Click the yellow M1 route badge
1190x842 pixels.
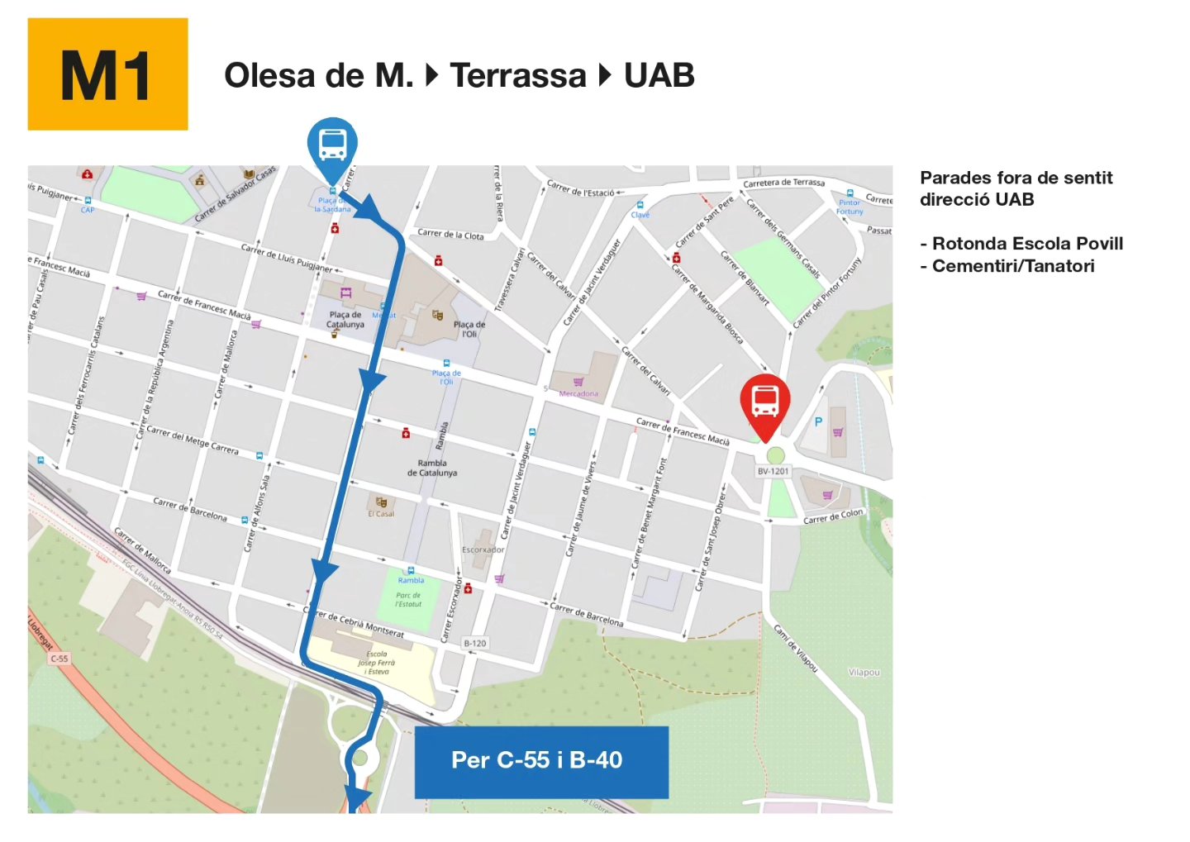click(107, 74)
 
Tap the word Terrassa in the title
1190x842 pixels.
click(518, 76)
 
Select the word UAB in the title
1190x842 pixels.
click(659, 76)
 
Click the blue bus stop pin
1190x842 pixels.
click(332, 145)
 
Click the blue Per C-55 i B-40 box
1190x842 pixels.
click(540, 761)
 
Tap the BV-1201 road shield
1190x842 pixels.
click(773, 471)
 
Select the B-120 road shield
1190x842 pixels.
click(475, 643)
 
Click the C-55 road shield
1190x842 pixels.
click(59, 659)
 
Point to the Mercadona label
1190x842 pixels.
click(578, 393)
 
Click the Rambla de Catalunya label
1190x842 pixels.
click(432, 469)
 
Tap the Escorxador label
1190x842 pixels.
click(483, 549)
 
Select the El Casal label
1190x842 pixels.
click(381, 513)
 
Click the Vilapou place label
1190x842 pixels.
click(864, 673)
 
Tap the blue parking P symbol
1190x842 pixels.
click(818, 421)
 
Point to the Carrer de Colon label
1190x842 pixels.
click(833, 516)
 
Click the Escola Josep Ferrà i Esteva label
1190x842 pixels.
click(376, 663)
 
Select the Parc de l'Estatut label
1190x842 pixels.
click(408, 599)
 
